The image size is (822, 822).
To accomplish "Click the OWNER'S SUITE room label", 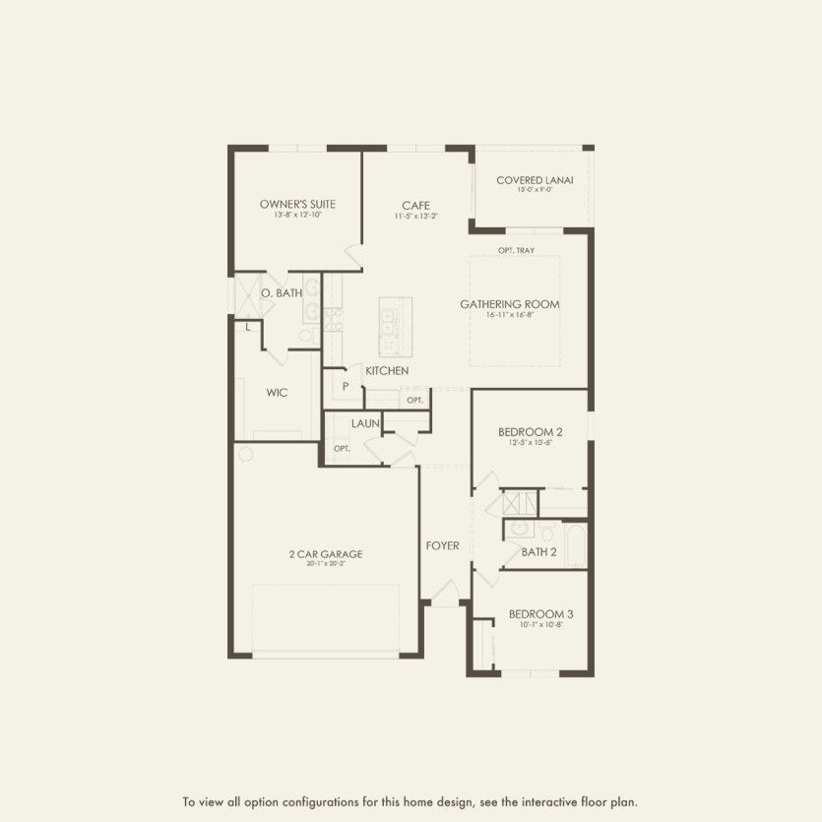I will click(x=297, y=205).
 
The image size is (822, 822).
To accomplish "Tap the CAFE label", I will click(x=415, y=206).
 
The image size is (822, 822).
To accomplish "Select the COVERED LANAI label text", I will click(x=535, y=180).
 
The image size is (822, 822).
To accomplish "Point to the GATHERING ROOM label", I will click(x=509, y=304).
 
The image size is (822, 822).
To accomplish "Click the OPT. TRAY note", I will click(x=516, y=251).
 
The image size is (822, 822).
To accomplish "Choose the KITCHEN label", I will click(x=387, y=371).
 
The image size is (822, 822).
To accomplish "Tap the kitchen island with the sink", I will click(x=396, y=325).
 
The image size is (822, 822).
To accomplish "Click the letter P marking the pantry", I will click(x=346, y=387).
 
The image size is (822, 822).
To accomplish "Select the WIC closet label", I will click(x=277, y=393).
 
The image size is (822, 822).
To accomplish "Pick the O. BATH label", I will click(x=281, y=293).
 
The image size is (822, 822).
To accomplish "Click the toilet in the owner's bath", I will click(x=306, y=336).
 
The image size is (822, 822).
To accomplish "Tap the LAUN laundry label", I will click(x=366, y=423).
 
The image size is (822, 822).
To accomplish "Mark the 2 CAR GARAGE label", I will click(x=326, y=554).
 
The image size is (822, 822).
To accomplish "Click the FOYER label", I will click(x=442, y=546).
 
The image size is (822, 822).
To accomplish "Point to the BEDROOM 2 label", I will click(x=531, y=432).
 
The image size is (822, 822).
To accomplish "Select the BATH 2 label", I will click(x=538, y=552).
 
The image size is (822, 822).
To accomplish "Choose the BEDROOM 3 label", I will click(x=540, y=614).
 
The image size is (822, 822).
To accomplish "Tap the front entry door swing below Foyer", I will click(x=445, y=594).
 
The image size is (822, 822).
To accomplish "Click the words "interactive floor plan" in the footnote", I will click(x=588, y=800).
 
